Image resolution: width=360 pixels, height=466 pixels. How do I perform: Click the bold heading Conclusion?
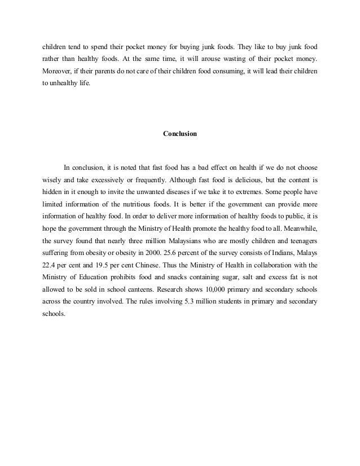tap(179, 134)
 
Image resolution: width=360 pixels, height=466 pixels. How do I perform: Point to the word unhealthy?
tap(64, 88)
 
